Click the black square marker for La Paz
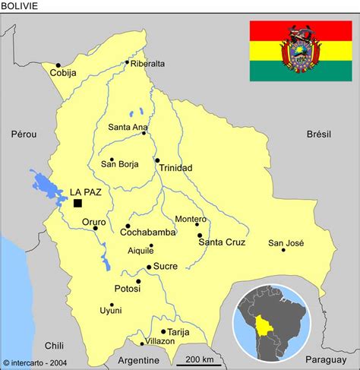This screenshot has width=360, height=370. (x=77, y=204)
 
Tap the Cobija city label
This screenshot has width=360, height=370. (x=64, y=74)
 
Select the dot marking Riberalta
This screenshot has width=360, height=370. (x=127, y=63)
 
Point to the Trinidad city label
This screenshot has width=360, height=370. (x=176, y=168)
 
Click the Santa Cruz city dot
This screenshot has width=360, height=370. (x=199, y=236)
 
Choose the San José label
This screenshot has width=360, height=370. (x=286, y=242)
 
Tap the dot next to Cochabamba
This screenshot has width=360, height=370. (x=128, y=226)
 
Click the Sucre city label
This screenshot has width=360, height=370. (x=165, y=267)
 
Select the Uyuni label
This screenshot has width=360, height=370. (x=111, y=311)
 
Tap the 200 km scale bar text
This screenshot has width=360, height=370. (x=199, y=359)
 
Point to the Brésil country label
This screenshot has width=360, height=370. (x=319, y=134)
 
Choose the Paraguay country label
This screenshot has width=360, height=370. (x=327, y=359)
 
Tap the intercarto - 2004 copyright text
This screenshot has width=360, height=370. (x=37, y=363)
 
